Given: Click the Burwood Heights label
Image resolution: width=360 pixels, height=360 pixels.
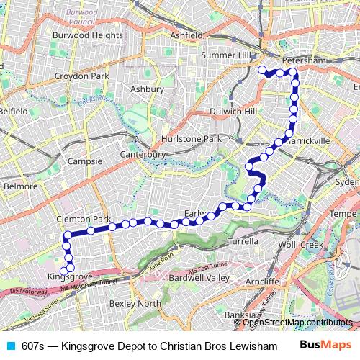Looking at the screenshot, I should (x=87, y=34).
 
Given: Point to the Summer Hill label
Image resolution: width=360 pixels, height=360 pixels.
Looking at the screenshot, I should (x=228, y=55).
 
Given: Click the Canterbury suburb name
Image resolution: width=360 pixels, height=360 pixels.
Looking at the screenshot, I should (x=143, y=154).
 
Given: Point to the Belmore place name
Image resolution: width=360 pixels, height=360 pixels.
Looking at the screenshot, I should (x=20, y=186).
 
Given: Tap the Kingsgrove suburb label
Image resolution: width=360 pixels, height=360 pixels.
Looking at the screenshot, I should (x=69, y=276).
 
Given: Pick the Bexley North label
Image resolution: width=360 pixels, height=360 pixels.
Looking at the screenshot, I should (x=135, y=303).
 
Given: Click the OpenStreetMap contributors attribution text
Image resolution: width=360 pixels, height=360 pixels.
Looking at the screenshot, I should (x=297, y=322).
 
